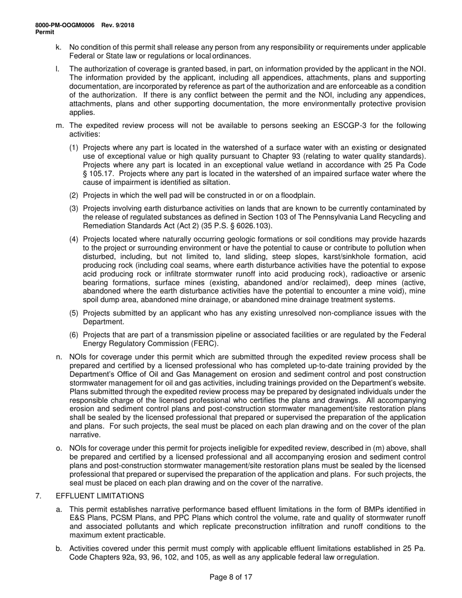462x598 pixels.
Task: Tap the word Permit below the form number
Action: click(45, 32)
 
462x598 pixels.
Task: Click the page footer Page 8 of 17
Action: click(231, 578)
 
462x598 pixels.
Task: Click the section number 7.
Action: click(38, 496)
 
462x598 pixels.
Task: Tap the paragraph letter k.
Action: click(59, 47)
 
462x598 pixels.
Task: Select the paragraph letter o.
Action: click(59, 448)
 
